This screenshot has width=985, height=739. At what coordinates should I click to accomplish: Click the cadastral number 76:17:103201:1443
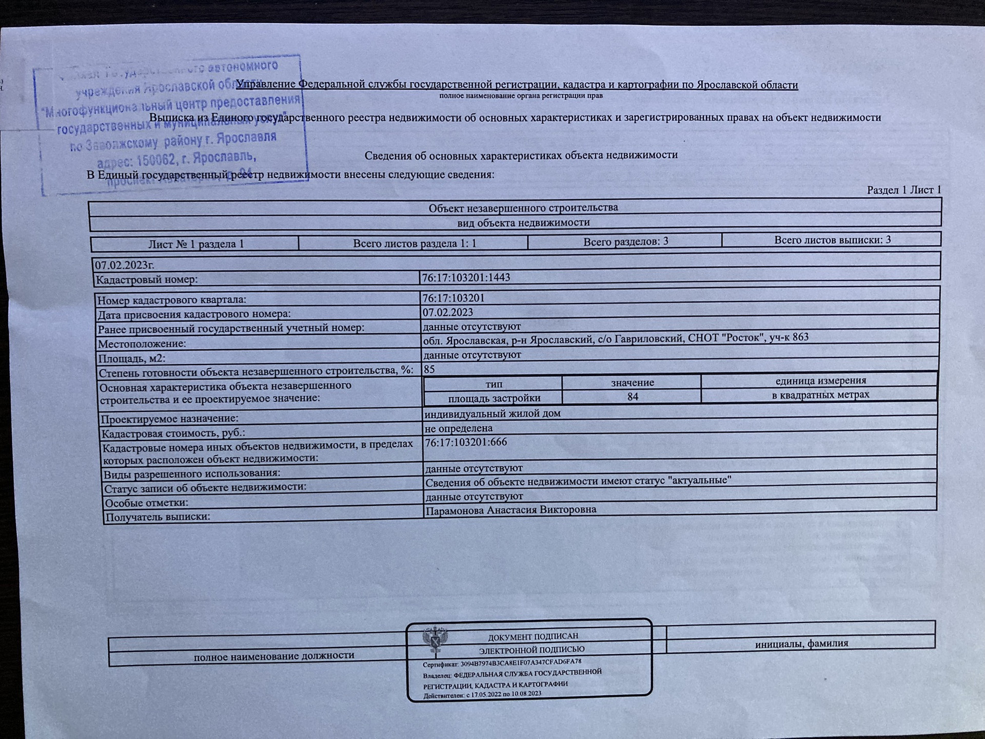coord(466,278)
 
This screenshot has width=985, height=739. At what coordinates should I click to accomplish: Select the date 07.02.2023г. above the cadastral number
coord(124,266)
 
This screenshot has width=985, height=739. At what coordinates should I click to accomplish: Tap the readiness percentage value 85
coord(429,369)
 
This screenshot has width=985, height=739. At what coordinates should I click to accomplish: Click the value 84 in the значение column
coord(633,396)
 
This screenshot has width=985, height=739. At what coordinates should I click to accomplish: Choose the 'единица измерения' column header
coord(820,381)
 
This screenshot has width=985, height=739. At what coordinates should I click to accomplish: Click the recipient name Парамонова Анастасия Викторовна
coord(511,510)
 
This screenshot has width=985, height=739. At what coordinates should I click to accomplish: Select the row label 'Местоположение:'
coord(142,344)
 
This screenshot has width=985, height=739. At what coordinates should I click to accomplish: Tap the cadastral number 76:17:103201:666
coord(466,442)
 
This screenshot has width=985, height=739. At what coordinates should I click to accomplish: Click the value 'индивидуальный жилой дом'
coord(493,413)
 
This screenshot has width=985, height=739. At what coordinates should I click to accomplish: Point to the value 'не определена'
coord(458,428)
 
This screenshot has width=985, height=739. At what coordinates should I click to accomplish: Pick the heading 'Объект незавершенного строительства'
coord(523,208)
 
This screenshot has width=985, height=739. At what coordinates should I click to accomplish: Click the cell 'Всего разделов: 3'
coord(625,241)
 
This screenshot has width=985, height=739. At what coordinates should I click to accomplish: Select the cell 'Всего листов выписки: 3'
coord(832,240)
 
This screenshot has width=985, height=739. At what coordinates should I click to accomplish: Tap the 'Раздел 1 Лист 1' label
coord(904,190)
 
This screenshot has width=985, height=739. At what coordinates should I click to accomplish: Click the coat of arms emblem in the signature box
coord(435,640)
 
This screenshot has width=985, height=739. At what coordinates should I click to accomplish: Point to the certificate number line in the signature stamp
coord(502,663)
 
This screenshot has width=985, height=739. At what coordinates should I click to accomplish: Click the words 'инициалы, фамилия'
coord(801,643)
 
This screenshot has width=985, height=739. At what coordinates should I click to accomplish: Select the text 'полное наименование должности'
coord(274,656)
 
